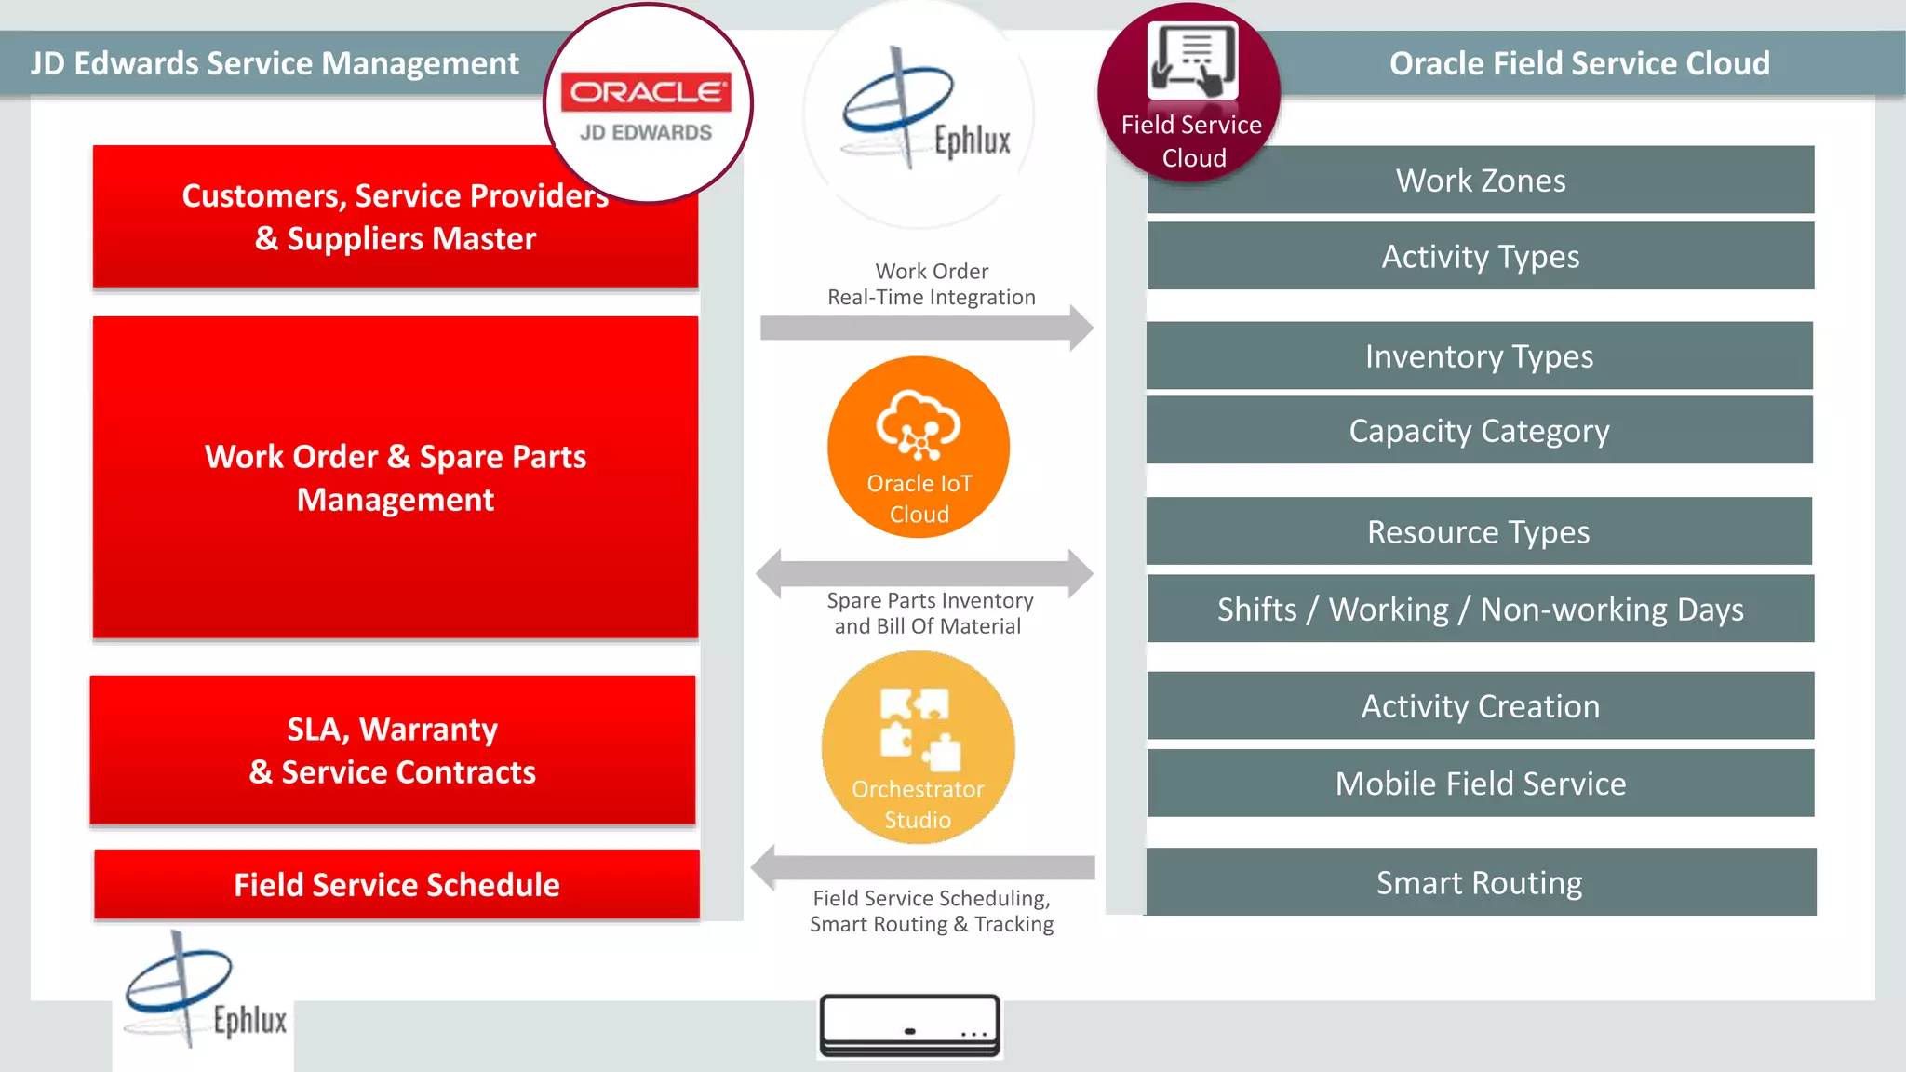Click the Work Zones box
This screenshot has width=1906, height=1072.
click(1480, 180)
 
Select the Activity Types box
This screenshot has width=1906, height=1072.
click(1480, 256)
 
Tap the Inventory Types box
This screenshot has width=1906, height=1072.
click(1480, 355)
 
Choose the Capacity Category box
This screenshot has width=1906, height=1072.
click(1480, 430)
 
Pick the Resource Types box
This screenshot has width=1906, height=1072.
click(1480, 531)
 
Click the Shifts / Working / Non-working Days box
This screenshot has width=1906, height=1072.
click(1480, 609)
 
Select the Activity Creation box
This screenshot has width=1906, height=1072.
click(1480, 705)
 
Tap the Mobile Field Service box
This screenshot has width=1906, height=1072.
click(1480, 783)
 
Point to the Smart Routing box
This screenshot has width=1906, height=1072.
click(1480, 881)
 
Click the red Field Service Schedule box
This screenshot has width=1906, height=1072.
click(396, 884)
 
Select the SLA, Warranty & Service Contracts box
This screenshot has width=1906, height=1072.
click(393, 750)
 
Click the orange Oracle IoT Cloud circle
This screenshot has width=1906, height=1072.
click(919, 448)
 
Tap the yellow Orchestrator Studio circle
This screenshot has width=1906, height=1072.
click(918, 747)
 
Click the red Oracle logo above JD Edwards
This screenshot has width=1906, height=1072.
click(646, 92)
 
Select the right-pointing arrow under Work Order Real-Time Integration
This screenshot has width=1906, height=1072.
click(926, 328)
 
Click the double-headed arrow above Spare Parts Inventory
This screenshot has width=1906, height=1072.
click(924, 573)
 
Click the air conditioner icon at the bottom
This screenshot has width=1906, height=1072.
click(910, 1025)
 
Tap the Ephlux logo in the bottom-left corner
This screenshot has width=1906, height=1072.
click(203, 996)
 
